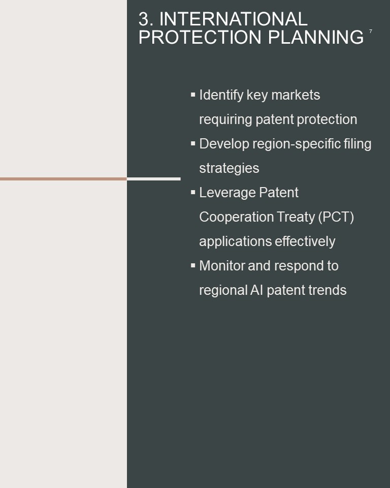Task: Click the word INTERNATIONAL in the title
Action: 233,19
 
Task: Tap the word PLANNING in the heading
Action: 316,37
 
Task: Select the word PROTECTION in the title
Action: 200,37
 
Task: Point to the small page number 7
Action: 370,32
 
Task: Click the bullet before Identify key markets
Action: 193,95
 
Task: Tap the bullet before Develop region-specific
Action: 193,143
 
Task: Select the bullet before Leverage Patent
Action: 193,192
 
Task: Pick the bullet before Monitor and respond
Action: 193,265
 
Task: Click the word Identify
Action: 221,95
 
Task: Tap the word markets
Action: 296,95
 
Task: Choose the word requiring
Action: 225,120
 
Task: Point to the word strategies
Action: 229,169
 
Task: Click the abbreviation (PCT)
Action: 336,217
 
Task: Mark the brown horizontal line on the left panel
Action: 63,179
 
